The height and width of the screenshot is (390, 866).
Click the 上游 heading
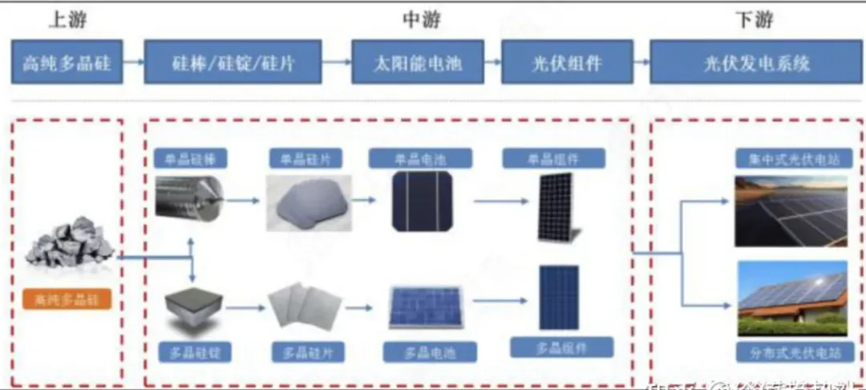click(x=67, y=20)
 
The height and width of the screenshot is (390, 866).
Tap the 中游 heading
click(x=421, y=20)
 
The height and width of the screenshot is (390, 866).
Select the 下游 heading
click(x=753, y=20)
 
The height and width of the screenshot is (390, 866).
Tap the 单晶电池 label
click(x=418, y=157)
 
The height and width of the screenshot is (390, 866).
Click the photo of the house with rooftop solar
click(x=791, y=298)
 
